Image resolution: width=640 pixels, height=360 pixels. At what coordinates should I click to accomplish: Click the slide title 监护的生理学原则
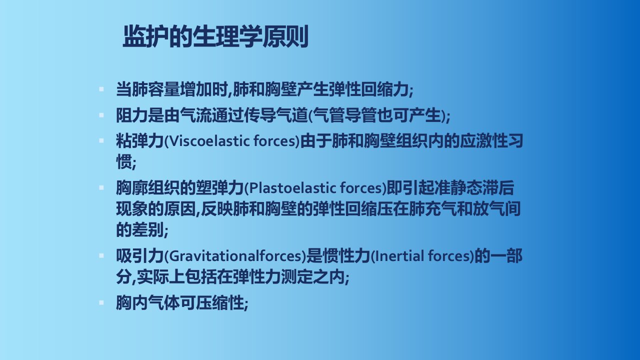tap(215, 36)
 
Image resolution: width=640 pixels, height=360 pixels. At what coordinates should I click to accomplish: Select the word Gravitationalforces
tap(236, 256)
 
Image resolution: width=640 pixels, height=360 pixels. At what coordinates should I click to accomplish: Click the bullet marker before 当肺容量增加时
tap(101, 89)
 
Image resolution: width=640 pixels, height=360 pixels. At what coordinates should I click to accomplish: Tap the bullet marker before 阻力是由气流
tap(101, 115)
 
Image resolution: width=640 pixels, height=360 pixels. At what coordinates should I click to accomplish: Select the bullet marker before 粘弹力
tap(101, 141)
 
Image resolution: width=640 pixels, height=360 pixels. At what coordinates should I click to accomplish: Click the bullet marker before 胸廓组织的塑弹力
tap(101, 188)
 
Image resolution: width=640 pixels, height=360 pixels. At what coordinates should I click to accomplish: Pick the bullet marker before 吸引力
tap(101, 255)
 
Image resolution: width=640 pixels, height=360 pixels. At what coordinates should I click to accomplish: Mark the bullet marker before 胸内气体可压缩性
tap(101, 303)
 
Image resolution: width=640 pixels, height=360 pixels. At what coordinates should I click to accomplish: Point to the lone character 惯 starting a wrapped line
tap(124, 162)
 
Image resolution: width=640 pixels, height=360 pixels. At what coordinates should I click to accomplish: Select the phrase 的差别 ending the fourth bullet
tap(139, 229)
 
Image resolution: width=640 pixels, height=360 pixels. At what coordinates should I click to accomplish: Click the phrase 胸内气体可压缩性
tap(179, 303)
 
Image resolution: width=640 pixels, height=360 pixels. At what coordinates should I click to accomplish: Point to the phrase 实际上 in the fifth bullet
tap(160, 276)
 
